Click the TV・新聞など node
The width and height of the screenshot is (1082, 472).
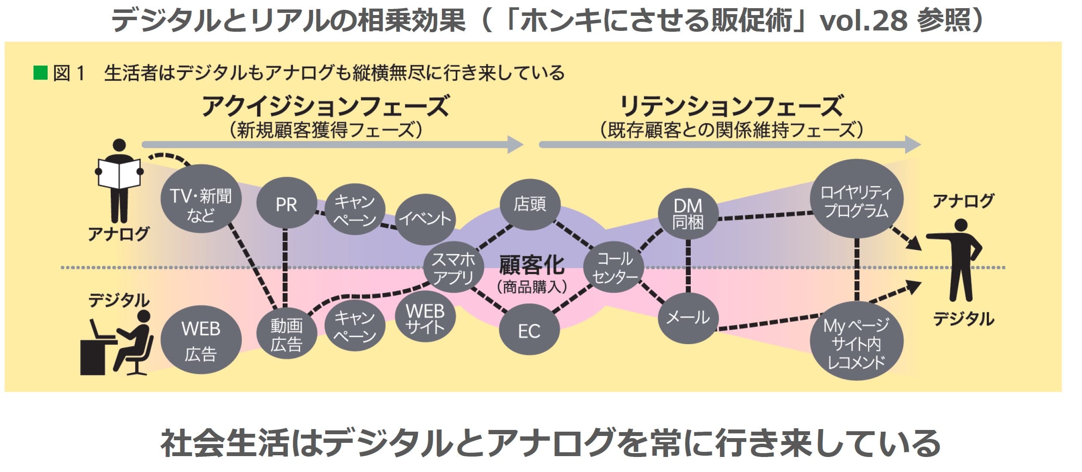201,205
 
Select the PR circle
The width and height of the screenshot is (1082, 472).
286,205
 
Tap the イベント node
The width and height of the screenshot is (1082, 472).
425,218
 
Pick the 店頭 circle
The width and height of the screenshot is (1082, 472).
530,204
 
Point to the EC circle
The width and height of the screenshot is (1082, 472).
529,331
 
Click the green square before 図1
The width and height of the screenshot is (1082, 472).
40,73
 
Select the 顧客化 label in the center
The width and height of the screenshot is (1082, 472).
532,265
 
